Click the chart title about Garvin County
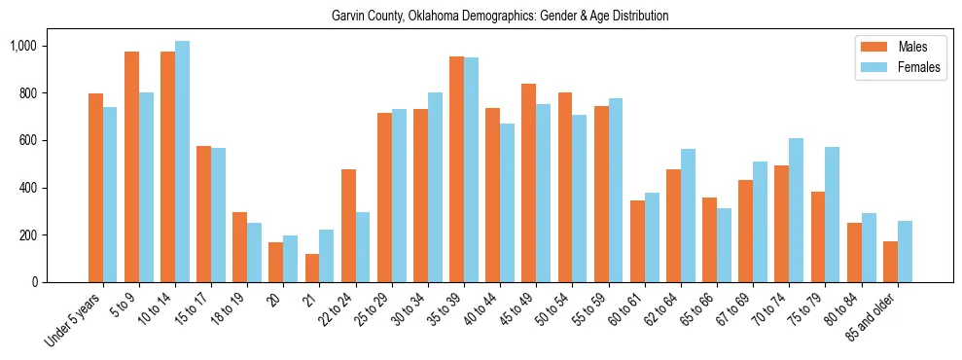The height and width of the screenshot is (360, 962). [500, 17]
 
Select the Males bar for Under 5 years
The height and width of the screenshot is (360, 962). [95, 188]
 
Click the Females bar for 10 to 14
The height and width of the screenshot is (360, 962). [182, 162]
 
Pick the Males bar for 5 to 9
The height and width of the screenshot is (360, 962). [131, 166]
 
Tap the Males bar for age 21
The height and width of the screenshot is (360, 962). [312, 268]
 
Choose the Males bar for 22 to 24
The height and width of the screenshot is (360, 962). [348, 226]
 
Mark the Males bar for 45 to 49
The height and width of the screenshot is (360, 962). [529, 183]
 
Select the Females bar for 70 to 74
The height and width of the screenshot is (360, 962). [797, 210]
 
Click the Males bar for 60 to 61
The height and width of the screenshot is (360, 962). [637, 241]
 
